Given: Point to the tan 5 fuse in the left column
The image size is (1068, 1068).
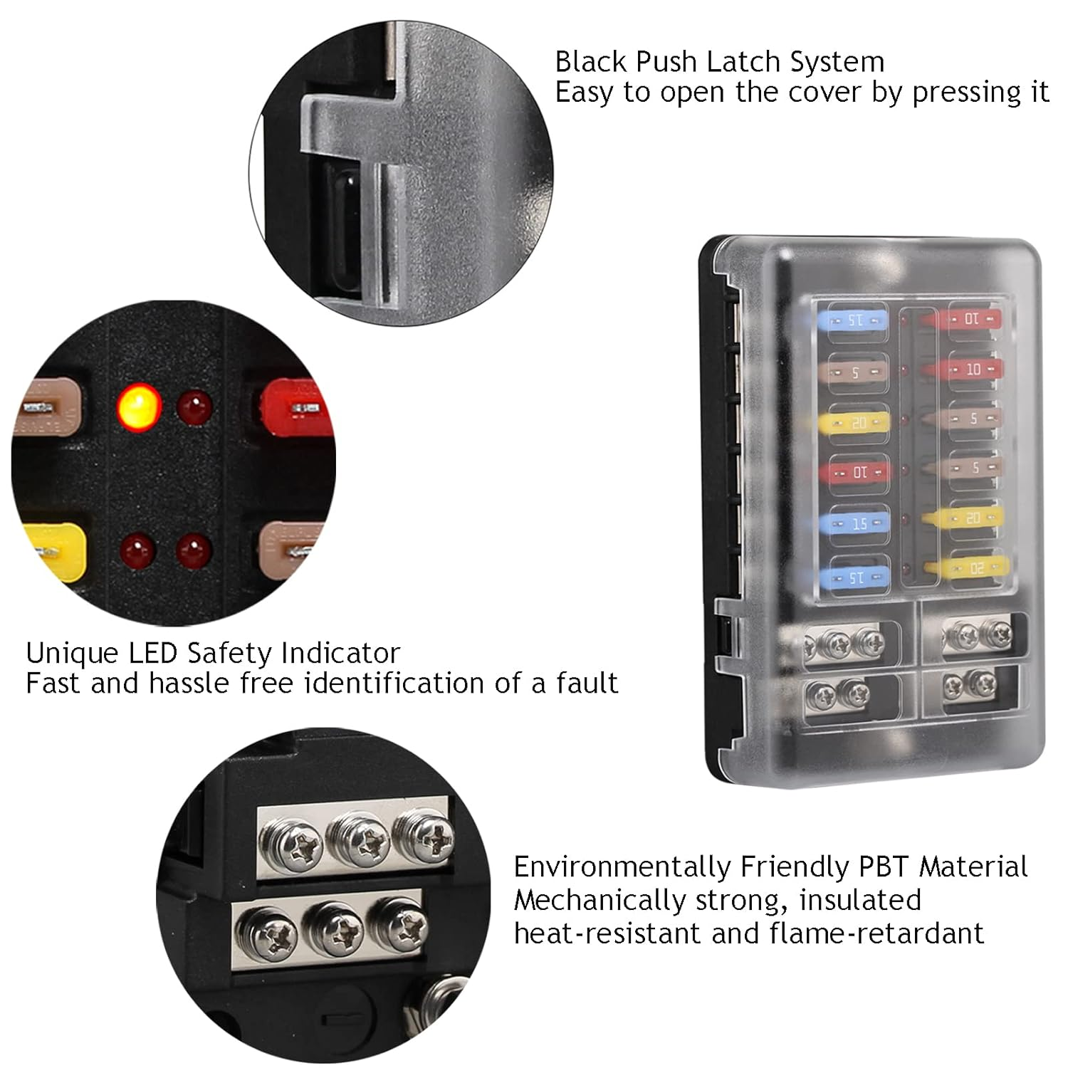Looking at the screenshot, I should (x=857, y=372).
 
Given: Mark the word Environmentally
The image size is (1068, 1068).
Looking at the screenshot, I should (x=622, y=867).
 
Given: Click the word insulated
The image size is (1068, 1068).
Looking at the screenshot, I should (x=860, y=900).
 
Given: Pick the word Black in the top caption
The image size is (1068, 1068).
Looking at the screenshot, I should (x=590, y=62).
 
